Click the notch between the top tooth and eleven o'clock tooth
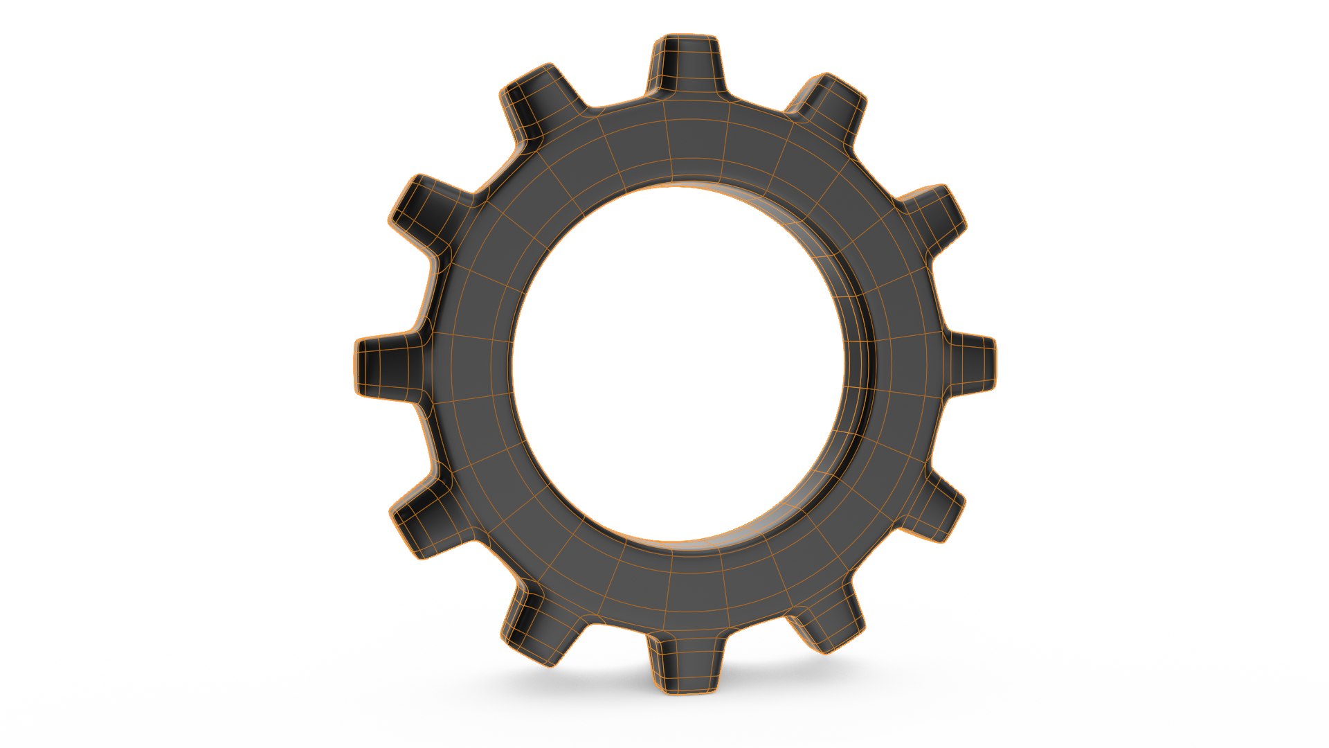(x=616, y=104)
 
